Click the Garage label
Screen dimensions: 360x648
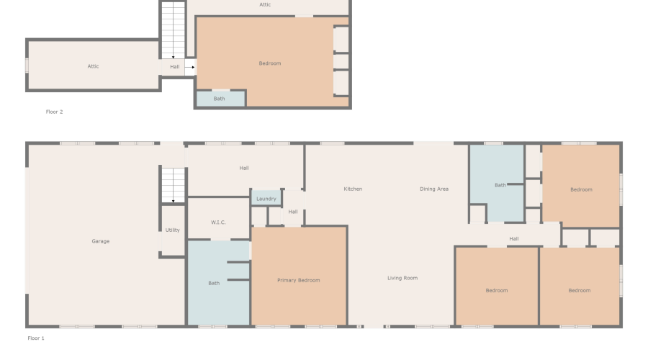pyautogui.click(x=101, y=241)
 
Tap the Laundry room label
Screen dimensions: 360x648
pyautogui.click(x=266, y=199)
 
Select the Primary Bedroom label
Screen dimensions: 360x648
pyautogui.click(x=299, y=280)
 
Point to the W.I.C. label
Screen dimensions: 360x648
pyautogui.click(x=219, y=222)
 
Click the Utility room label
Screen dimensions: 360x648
pyautogui.click(x=173, y=230)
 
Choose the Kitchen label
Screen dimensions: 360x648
pyautogui.click(x=353, y=189)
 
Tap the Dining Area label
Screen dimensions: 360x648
pyautogui.click(x=434, y=189)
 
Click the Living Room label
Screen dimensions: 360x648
pyautogui.click(x=402, y=278)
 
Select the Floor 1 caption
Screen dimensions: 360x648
pyautogui.click(x=36, y=338)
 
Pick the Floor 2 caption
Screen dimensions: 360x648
pyautogui.click(x=55, y=112)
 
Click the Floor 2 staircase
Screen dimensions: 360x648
pyautogui.click(x=173, y=30)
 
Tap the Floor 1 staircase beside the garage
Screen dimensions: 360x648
pyautogui.click(x=173, y=185)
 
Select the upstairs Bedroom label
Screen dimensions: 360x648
pyautogui.click(x=270, y=63)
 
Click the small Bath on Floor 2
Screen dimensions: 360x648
pyautogui.click(x=220, y=99)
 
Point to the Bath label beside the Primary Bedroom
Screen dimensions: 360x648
pyautogui.click(x=214, y=283)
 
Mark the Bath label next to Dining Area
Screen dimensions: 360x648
pyautogui.click(x=500, y=185)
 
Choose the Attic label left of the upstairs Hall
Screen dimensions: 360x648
pyautogui.click(x=93, y=66)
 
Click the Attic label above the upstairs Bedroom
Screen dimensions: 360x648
pyautogui.click(x=265, y=4)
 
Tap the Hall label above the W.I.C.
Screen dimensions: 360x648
pyautogui.click(x=244, y=168)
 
